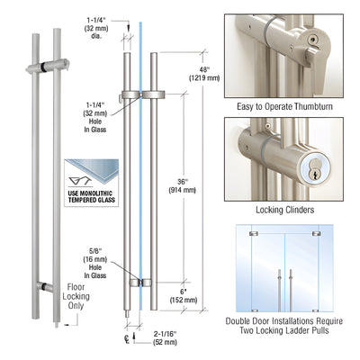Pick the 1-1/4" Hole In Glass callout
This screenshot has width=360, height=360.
92,115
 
